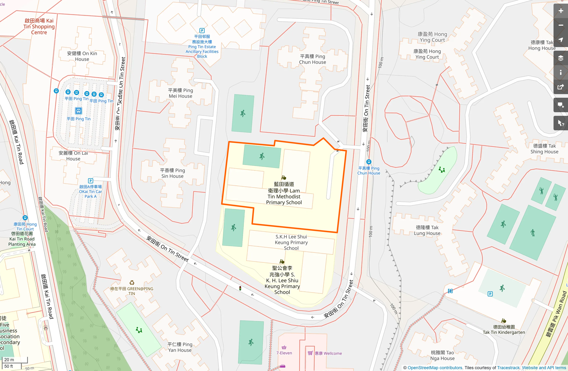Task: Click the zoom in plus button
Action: click(x=560, y=11)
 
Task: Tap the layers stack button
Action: click(x=560, y=58)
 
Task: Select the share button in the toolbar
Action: click(x=560, y=87)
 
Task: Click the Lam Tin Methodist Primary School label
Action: click(x=284, y=193)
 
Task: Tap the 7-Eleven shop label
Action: click(x=284, y=353)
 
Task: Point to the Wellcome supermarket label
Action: click(x=328, y=353)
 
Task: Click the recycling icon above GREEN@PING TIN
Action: click(x=132, y=283)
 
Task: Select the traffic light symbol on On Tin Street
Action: click(x=240, y=288)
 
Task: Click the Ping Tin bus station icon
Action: click(x=78, y=111)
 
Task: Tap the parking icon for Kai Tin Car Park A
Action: click(x=90, y=181)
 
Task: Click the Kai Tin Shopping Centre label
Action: click(x=39, y=27)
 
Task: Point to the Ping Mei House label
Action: click(x=180, y=93)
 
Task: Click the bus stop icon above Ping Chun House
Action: click(x=368, y=162)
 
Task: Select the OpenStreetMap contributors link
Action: click(x=435, y=368)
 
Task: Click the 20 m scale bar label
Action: click(x=9, y=360)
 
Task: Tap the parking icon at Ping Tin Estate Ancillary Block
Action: click(x=202, y=30)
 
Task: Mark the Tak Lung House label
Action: click(x=427, y=230)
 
